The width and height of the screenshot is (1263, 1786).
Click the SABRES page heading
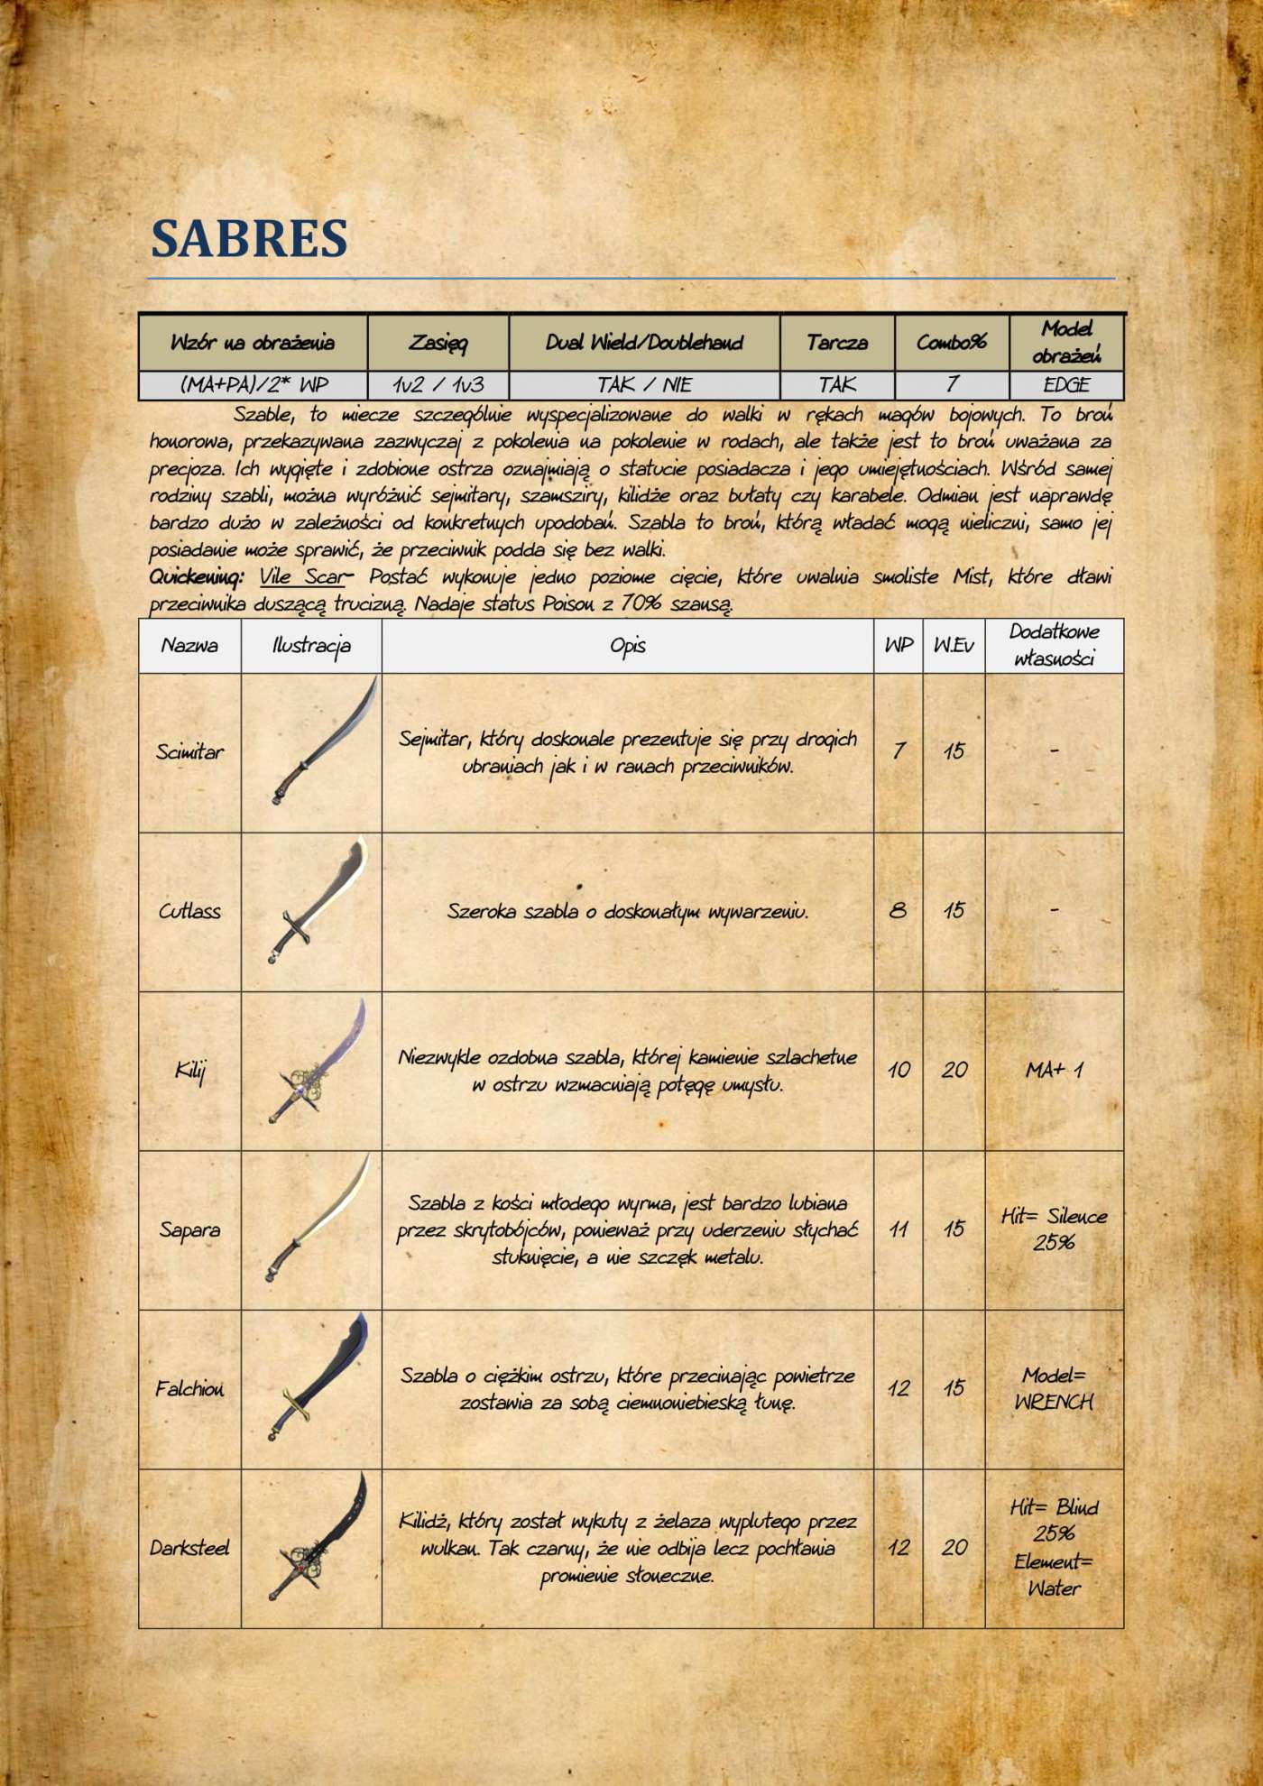(249, 238)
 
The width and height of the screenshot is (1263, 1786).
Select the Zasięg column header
(438, 343)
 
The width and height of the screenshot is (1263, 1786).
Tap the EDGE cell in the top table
(1066, 385)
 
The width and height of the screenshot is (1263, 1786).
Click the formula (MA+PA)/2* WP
(254, 385)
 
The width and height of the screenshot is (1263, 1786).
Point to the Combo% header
(951, 343)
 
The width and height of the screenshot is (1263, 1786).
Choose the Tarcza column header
(836, 343)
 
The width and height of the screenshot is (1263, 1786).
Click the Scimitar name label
(189, 752)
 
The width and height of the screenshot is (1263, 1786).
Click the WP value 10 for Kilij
(899, 1071)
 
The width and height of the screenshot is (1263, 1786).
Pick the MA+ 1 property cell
(1054, 1071)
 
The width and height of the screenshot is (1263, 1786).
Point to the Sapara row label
(189, 1230)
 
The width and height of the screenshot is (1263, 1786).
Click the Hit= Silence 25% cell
(1054, 1229)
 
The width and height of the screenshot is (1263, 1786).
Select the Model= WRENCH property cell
(1054, 1389)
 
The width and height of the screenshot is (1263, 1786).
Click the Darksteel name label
(189, 1549)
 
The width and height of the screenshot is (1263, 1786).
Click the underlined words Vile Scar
(301, 577)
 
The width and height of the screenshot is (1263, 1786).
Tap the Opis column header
(627, 646)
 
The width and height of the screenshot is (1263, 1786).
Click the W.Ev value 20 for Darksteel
(954, 1548)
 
